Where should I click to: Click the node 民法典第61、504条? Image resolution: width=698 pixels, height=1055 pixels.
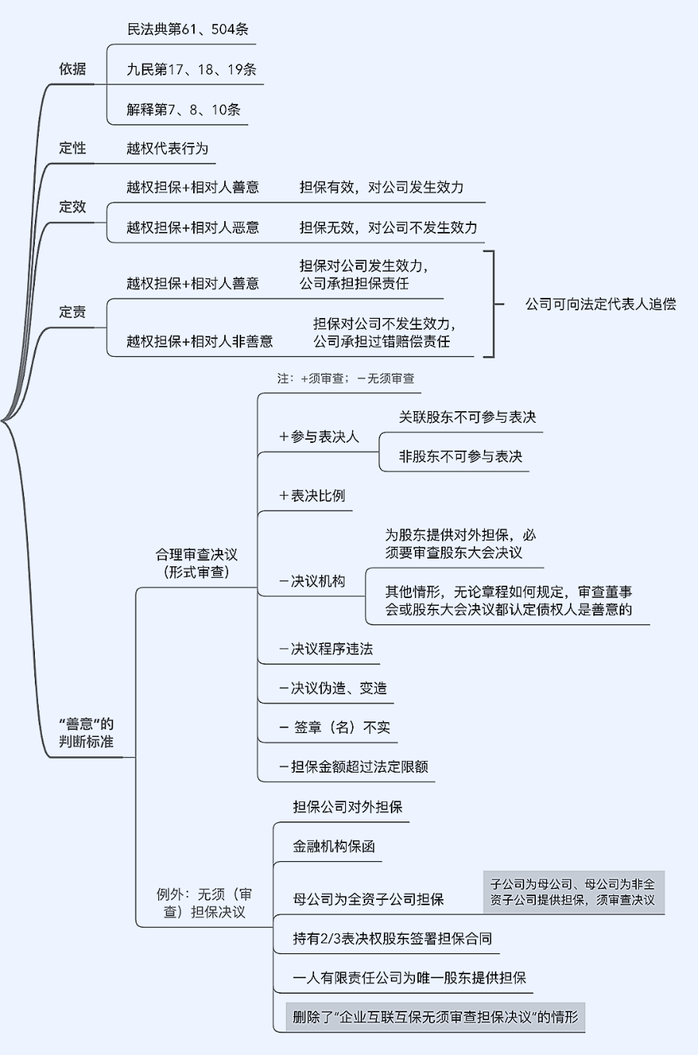[x=188, y=29]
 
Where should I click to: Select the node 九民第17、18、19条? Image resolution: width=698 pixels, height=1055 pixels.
[x=192, y=70]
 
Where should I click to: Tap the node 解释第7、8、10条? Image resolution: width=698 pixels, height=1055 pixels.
[x=184, y=110]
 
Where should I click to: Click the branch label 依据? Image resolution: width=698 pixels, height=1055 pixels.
[x=72, y=69]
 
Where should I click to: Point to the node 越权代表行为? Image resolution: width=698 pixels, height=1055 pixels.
[x=168, y=148]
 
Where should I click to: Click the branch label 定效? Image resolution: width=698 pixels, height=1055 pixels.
[x=72, y=207]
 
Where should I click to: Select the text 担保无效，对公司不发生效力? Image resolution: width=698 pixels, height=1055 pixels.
[x=389, y=228]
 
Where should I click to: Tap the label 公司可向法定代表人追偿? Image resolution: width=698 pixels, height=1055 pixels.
[x=600, y=304]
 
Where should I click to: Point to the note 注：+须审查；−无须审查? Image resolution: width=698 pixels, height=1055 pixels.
[x=346, y=379]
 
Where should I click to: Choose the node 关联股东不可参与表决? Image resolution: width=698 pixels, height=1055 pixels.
[x=467, y=417]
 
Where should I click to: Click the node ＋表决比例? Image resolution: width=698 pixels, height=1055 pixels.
[x=312, y=496]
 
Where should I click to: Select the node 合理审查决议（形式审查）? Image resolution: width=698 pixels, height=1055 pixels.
[x=196, y=563]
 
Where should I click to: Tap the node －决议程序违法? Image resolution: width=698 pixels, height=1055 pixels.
[x=326, y=649]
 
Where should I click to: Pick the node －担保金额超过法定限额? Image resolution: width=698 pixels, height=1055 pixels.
[x=353, y=767]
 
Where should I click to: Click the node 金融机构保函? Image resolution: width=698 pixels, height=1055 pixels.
[x=333, y=846]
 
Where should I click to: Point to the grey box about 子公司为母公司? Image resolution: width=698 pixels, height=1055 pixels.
[x=574, y=892]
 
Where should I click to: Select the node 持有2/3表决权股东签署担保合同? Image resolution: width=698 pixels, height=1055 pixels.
[x=392, y=939]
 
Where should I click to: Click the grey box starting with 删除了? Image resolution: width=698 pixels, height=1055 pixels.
[x=435, y=1017]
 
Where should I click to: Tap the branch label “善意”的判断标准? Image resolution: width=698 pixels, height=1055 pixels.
[x=86, y=733]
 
